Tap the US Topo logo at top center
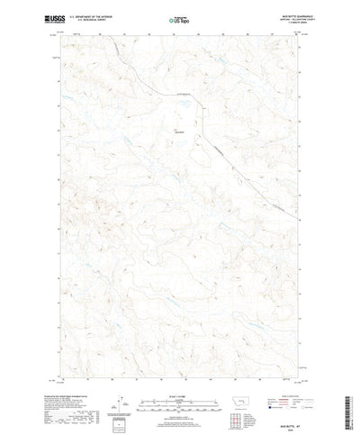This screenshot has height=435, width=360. click(x=178, y=18)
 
